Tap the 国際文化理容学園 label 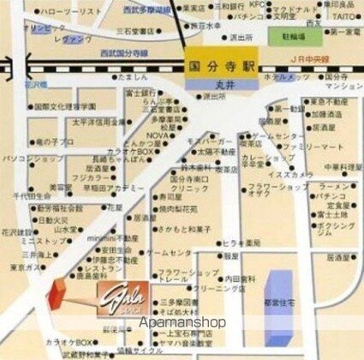click(x=66, y=106)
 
